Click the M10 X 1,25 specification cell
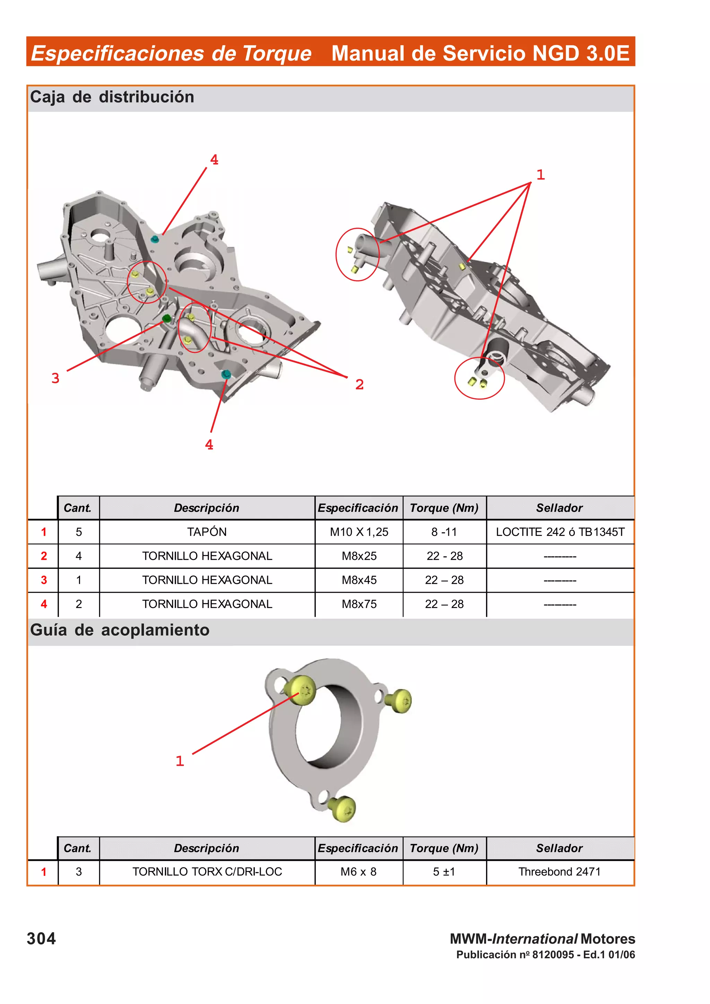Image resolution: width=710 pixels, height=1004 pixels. point(359,532)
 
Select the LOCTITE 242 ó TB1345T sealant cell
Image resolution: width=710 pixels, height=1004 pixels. point(560,532)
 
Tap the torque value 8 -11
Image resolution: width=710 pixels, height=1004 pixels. point(444,532)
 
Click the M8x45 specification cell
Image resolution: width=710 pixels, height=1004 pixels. point(359,580)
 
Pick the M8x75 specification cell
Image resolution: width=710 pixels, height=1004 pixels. point(359,604)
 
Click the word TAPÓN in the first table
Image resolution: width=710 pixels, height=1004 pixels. point(207,532)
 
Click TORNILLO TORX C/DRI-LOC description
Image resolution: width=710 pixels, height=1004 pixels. point(207,872)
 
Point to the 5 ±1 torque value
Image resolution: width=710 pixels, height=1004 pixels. point(444,872)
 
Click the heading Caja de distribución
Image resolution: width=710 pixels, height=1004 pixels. point(112,97)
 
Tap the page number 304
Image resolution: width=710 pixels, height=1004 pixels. point(41,939)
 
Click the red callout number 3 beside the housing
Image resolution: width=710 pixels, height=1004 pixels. point(55,378)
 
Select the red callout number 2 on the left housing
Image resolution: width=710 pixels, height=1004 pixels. point(359,384)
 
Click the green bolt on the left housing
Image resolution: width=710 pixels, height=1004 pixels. point(166,318)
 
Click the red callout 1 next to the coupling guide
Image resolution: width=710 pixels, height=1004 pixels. point(179,761)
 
